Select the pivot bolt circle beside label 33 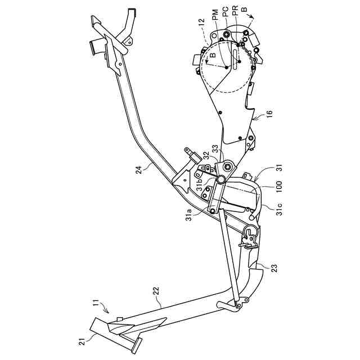[227, 166]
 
